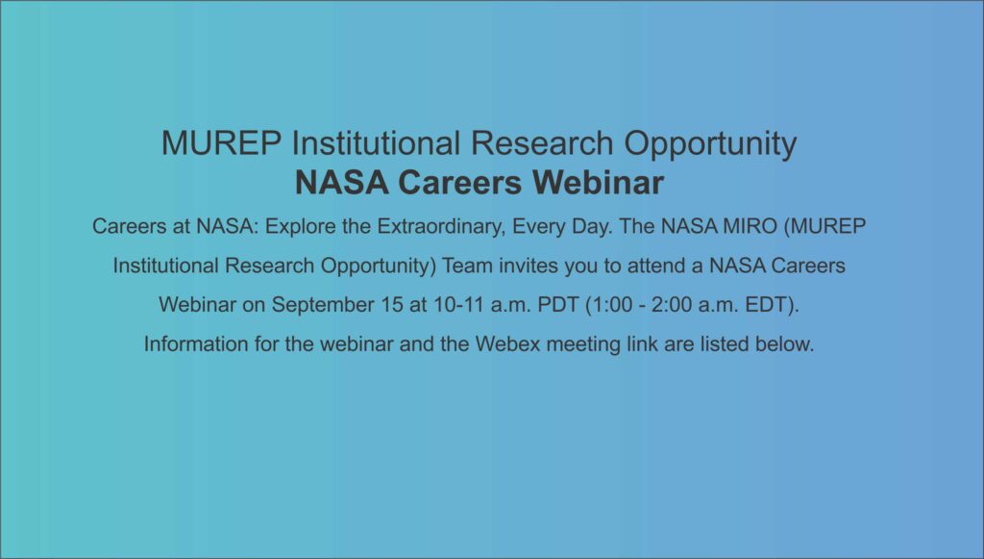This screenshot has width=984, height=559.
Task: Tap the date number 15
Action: coord(392,305)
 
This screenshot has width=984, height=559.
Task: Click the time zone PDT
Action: coord(558,305)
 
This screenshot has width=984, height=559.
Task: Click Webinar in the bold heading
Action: coord(598,183)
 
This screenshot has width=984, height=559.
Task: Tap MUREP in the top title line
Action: coord(222,143)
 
